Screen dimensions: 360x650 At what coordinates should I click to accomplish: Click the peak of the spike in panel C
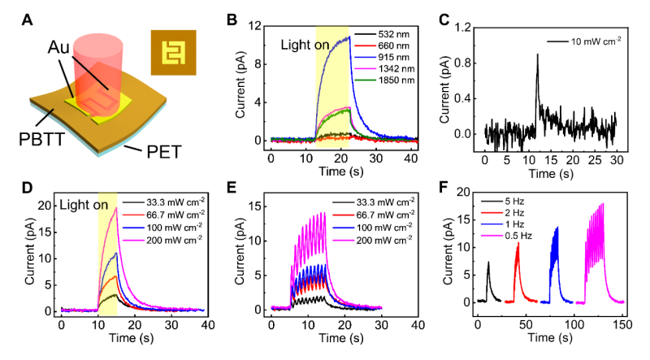click(537, 54)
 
